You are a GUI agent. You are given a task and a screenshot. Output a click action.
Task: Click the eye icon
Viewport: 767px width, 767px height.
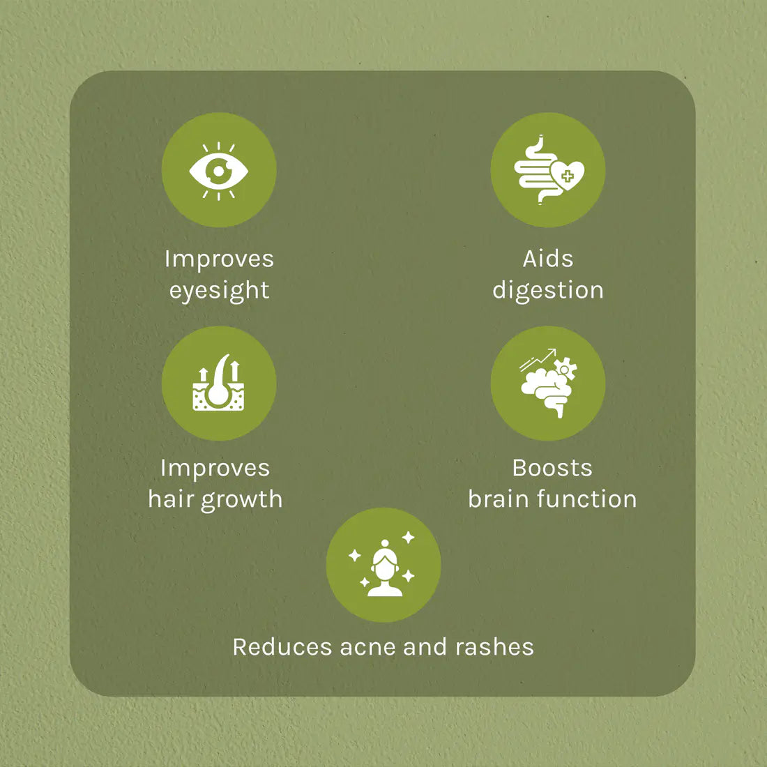pyautogui.click(x=219, y=171)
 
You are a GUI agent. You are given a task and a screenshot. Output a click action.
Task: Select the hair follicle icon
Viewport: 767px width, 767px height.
pyautogui.click(x=219, y=383)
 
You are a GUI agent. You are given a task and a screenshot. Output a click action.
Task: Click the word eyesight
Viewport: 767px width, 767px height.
pyautogui.click(x=219, y=291)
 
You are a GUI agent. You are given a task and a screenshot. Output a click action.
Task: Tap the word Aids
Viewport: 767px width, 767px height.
pyautogui.click(x=548, y=259)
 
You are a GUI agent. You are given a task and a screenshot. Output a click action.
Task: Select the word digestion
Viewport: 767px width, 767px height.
pyautogui.click(x=548, y=291)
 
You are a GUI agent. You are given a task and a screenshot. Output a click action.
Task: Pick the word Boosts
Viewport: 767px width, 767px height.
pyautogui.click(x=552, y=468)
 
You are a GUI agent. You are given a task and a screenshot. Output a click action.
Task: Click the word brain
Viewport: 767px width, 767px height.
pyautogui.click(x=499, y=499)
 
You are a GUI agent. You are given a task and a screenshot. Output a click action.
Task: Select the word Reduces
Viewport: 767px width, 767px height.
pyautogui.click(x=282, y=647)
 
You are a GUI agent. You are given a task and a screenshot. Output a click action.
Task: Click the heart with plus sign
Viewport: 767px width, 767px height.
pyautogui.click(x=567, y=176)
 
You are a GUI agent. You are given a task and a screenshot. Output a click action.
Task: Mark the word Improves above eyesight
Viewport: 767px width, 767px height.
pyautogui.click(x=219, y=259)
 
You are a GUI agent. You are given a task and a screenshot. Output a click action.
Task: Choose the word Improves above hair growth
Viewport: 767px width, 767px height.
pyautogui.click(x=215, y=469)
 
